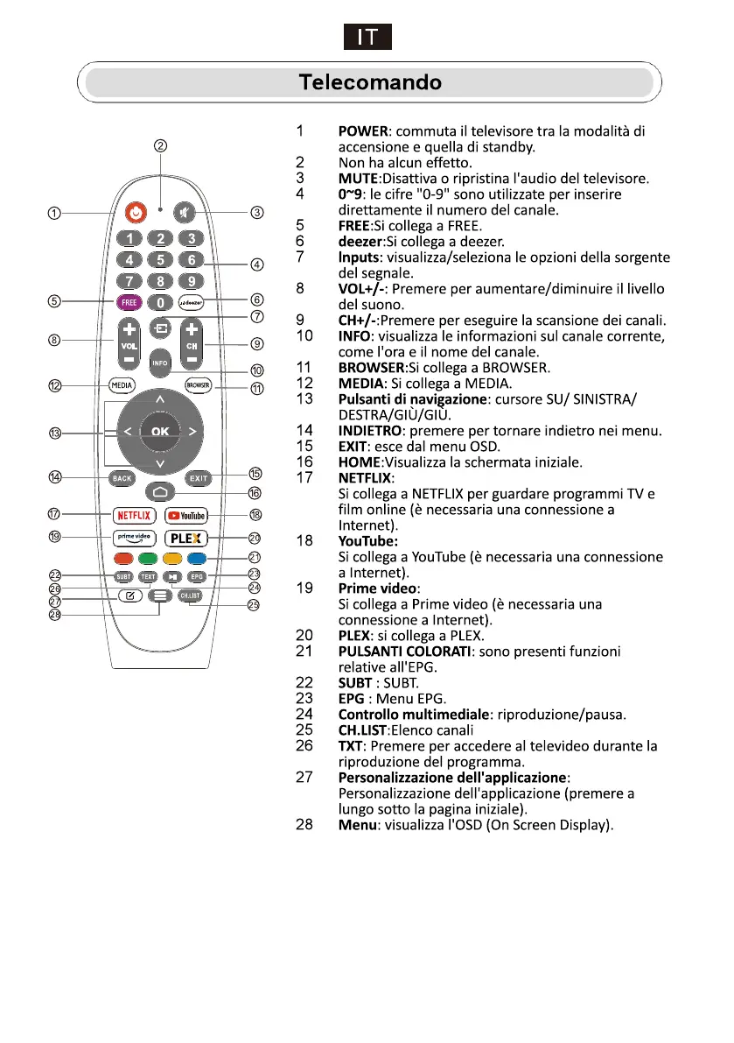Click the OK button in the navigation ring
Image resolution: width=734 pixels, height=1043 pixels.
pyautogui.click(x=160, y=431)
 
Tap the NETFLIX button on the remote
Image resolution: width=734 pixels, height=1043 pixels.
pyautogui.click(x=134, y=515)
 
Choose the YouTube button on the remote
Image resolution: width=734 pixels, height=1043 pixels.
pyautogui.click(x=186, y=515)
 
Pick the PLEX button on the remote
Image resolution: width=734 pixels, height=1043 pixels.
pyautogui.click(x=186, y=539)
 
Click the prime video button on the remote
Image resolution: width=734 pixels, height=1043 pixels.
pyautogui.click(x=134, y=539)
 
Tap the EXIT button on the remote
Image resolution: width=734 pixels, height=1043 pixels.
pyautogui.click(x=198, y=478)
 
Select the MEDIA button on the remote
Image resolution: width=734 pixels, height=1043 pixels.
pyautogui.click(x=121, y=384)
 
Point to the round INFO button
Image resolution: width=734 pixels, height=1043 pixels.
pyautogui.click(x=159, y=362)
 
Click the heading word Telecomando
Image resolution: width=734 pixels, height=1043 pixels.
pyautogui.click(x=370, y=83)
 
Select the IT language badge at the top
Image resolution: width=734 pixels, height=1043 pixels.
pyautogui.click(x=367, y=38)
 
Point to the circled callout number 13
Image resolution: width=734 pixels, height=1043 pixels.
pyautogui.click(x=55, y=433)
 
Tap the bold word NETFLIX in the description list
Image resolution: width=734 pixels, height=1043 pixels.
pyautogui.click(x=365, y=478)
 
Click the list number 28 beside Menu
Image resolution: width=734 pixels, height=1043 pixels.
pyautogui.click(x=304, y=825)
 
